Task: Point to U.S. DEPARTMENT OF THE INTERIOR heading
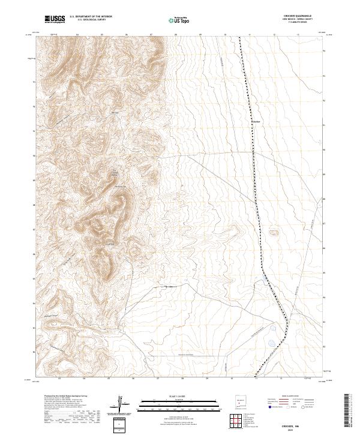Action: [91, 16]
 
